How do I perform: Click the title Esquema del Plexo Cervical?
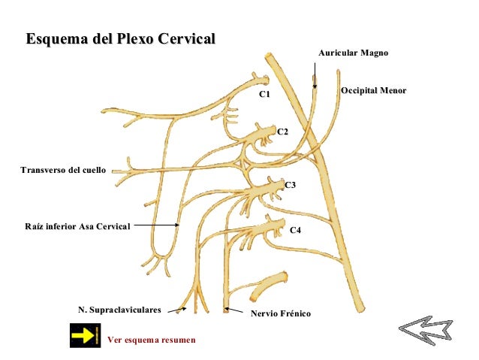click(x=120, y=38)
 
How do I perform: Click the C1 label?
click(x=264, y=95)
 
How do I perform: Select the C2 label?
click(x=283, y=132)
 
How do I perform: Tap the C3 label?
click(x=291, y=184)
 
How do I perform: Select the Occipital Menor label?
click(x=373, y=90)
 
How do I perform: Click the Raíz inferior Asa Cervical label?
click(x=77, y=225)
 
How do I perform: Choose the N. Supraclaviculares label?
click(x=120, y=310)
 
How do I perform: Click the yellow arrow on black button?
click(x=85, y=335)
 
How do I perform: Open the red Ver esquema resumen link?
click(x=152, y=340)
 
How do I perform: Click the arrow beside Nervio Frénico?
click(x=235, y=310)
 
